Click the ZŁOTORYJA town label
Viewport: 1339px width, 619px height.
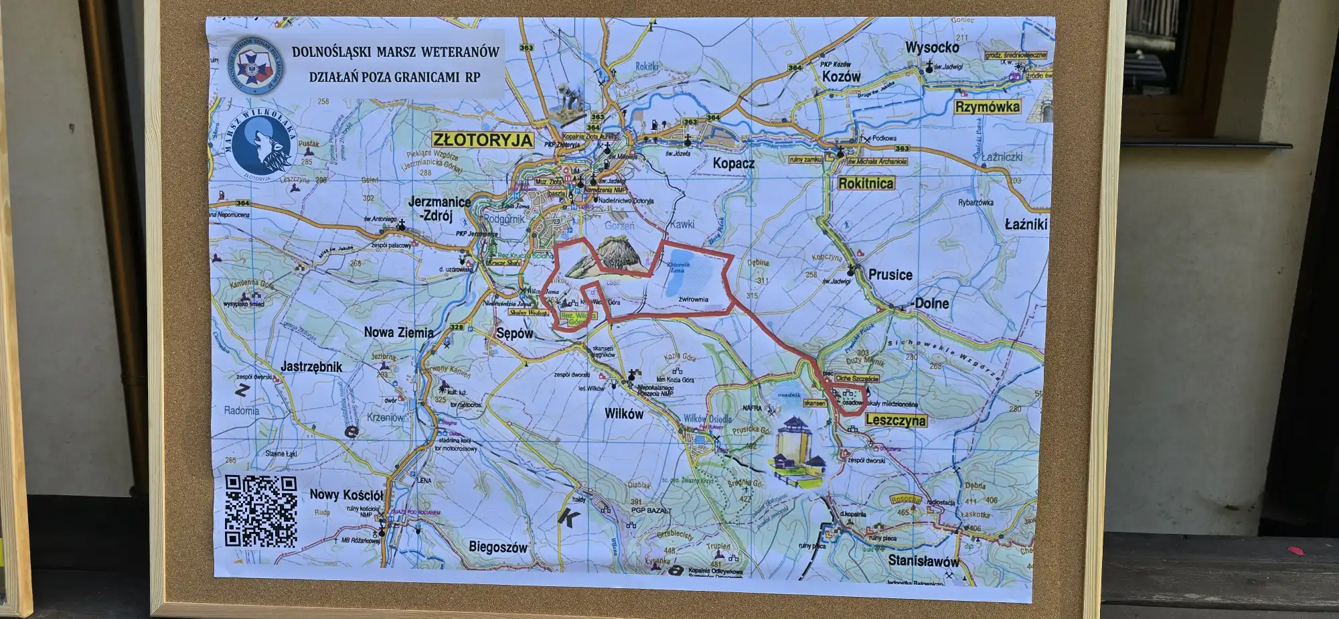[x=483, y=140]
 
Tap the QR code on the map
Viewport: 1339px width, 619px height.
[x=260, y=511]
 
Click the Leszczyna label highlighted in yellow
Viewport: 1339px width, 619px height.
[x=896, y=421]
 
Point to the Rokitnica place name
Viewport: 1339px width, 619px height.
[x=866, y=183]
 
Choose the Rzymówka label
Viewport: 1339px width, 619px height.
[x=988, y=107]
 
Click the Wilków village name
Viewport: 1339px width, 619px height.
[x=623, y=414]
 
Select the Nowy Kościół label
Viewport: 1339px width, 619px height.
[x=346, y=495]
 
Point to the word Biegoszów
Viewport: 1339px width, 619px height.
[x=498, y=547]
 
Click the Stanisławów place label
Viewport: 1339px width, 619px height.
[x=923, y=561]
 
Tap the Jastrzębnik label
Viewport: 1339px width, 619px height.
[x=311, y=366]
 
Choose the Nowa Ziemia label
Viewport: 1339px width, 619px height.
[x=398, y=332]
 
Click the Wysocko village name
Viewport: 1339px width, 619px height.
[x=932, y=48]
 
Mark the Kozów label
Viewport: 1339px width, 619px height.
[x=841, y=77]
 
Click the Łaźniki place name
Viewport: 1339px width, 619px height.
[x=1026, y=224]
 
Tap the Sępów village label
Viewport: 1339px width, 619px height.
[x=515, y=333]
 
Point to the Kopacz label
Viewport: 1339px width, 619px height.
[x=733, y=163]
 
